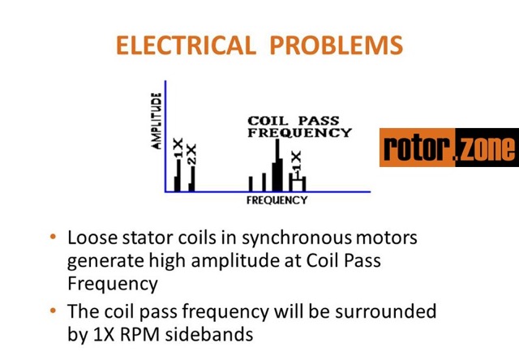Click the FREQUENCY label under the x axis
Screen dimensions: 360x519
click(x=277, y=199)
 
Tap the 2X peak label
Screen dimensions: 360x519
click(x=191, y=153)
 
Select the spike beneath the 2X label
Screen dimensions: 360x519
click(x=191, y=179)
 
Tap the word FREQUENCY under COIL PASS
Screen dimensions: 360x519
click(x=299, y=132)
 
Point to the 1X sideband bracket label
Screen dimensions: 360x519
click(x=296, y=165)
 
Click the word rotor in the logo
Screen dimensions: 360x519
click(x=417, y=149)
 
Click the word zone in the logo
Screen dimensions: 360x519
click(x=486, y=149)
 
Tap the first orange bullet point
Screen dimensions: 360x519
click(x=54, y=238)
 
